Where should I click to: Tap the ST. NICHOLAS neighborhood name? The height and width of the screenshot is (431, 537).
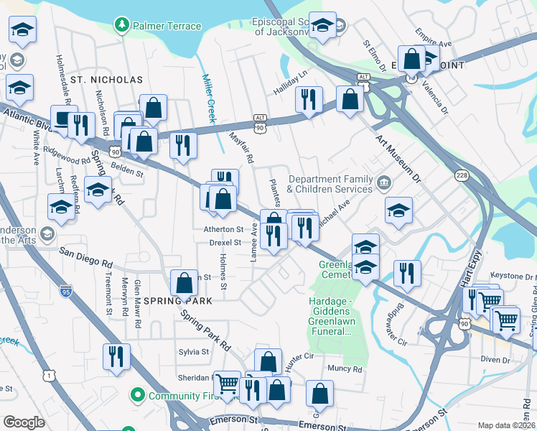point(106,80)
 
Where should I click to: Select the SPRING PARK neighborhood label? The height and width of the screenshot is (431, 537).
point(177,301)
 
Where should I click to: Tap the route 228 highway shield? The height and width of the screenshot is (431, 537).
point(462,175)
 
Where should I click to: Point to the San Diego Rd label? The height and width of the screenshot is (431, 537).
point(86,254)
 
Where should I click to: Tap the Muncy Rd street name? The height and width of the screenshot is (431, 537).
point(345,369)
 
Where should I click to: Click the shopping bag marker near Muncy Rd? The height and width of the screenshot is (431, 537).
point(319,393)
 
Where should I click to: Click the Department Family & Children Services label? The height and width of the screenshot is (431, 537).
point(330,185)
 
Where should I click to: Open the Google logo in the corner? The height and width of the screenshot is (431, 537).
point(24,422)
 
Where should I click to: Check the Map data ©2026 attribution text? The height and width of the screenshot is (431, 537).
point(507,425)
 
